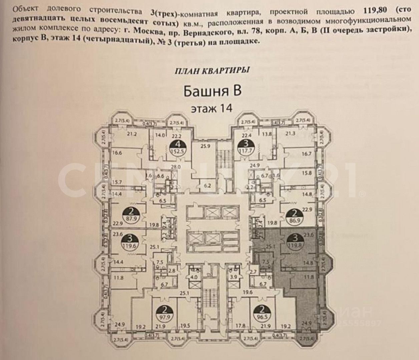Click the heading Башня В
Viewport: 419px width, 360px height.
[213, 91]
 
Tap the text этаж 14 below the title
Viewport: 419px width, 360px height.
[212, 109]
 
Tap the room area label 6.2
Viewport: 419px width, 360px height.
[207, 186]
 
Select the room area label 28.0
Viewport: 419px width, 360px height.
[176, 167]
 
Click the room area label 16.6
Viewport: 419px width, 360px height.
[116, 153]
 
